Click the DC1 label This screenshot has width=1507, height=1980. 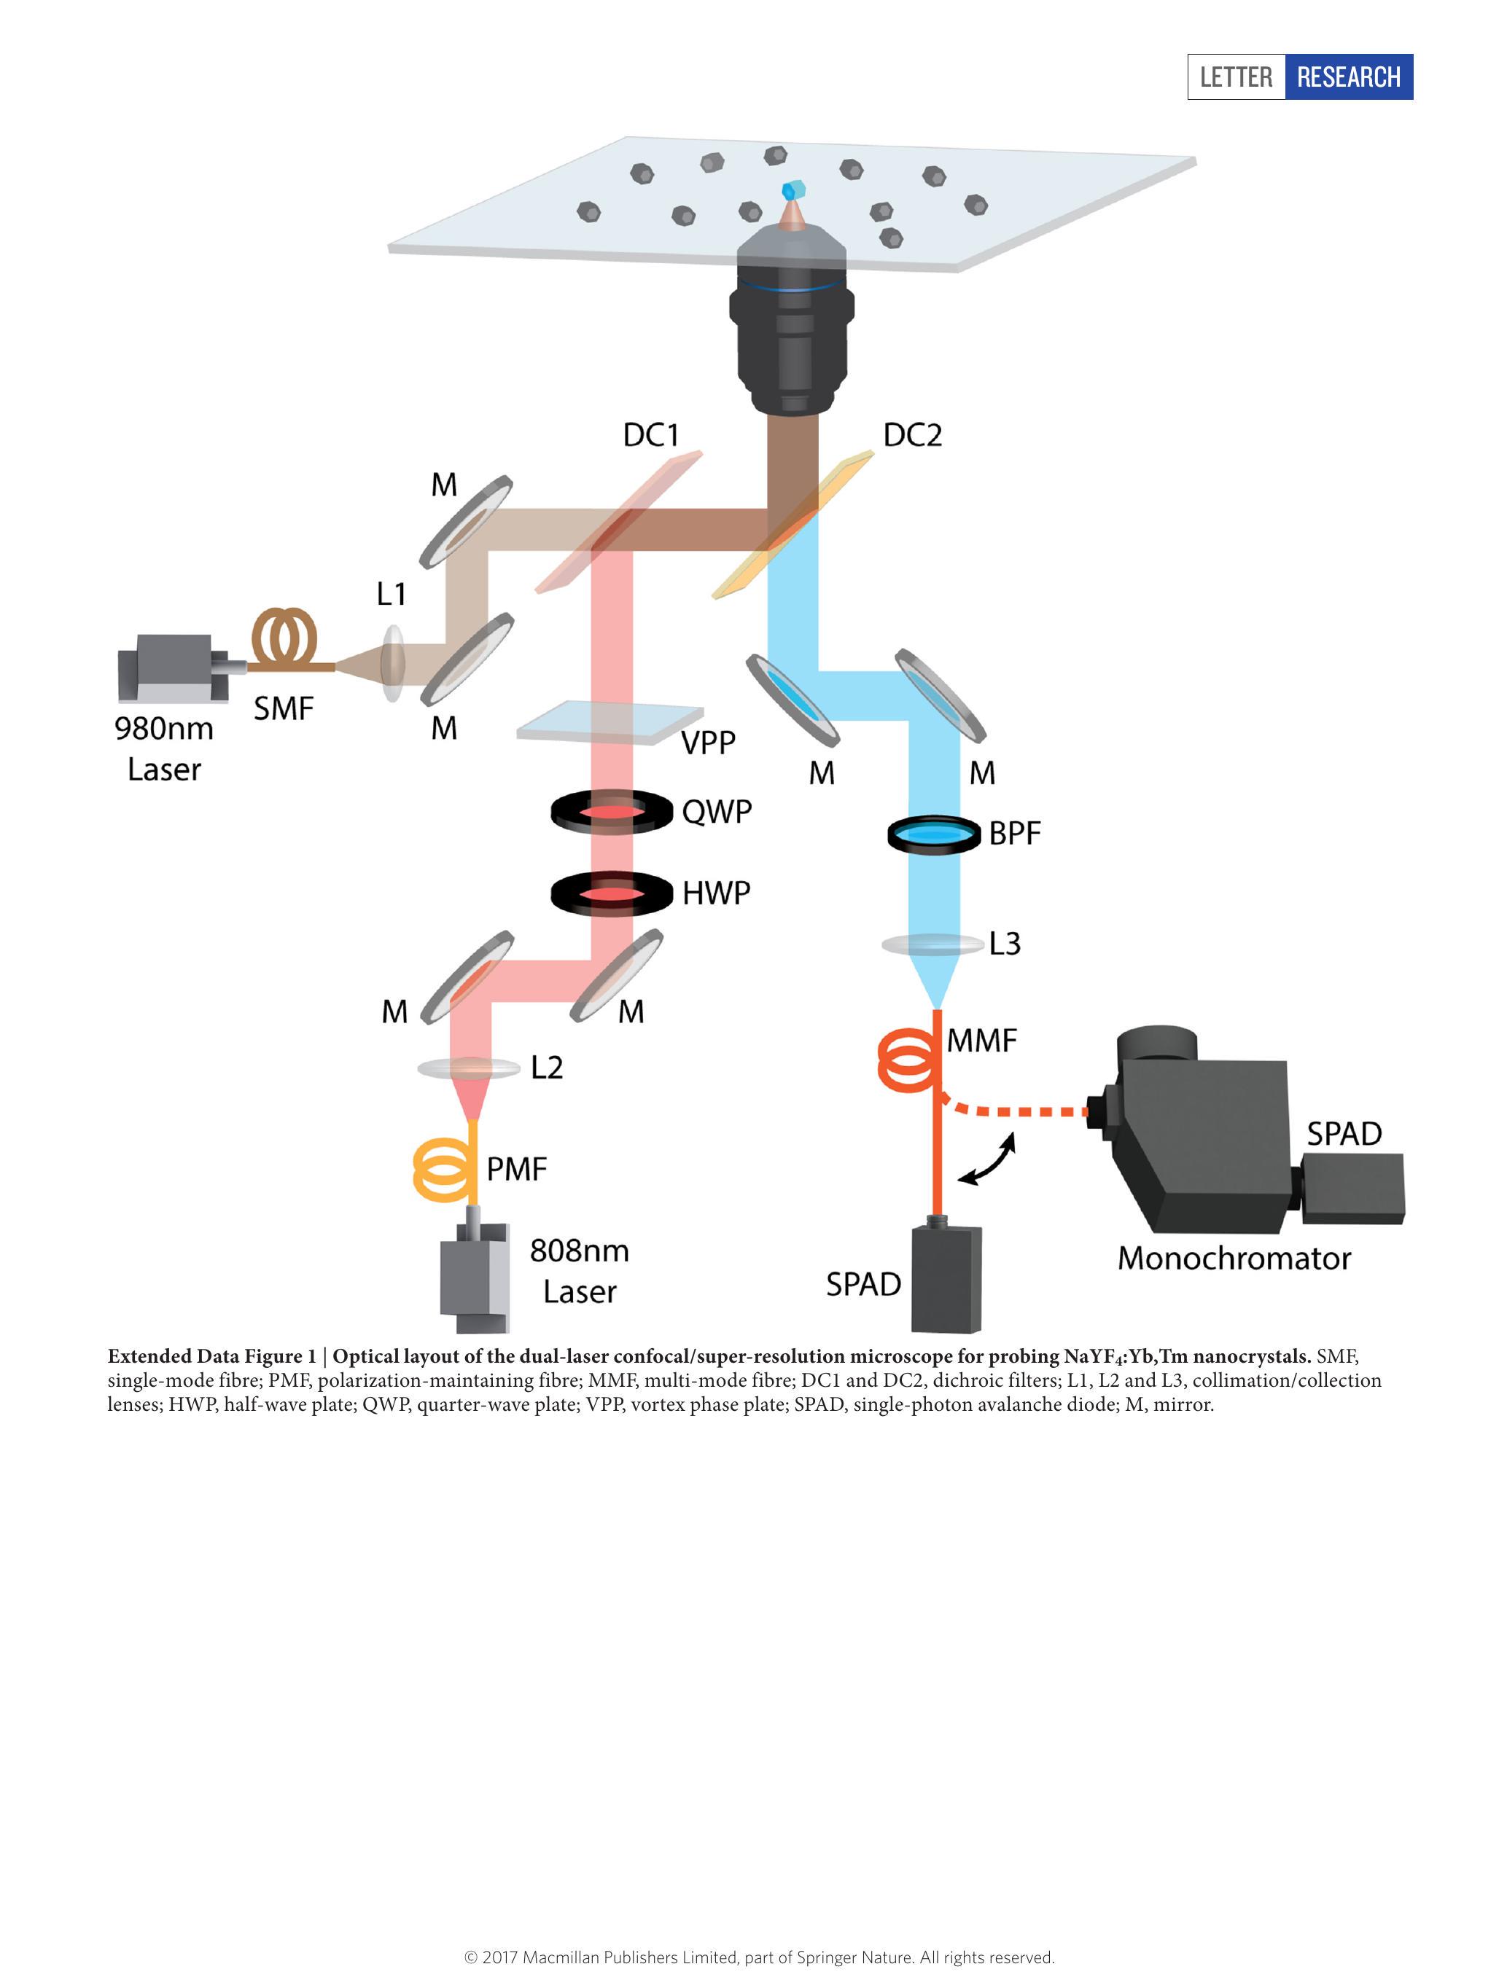pyautogui.click(x=650, y=436)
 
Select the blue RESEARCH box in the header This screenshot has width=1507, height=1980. pyautogui.click(x=1348, y=77)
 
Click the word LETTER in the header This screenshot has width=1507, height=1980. pyautogui.click(x=1236, y=77)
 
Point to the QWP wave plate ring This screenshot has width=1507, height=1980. pyautogui.click(x=612, y=813)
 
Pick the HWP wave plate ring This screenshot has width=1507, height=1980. pyautogui.click(x=612, y=894)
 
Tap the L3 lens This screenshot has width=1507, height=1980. pyautogui.click(x=933, y=944)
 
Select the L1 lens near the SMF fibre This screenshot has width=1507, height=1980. pyautogui.click(x=392, y=665)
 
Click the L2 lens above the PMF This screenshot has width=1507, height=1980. pyautogui.click(x=469, y=1068)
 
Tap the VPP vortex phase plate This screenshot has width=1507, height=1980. pyautogui.click(x=610, y=723)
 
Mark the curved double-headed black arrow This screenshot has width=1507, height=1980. pyautogui.click(x=986, y=1159)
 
